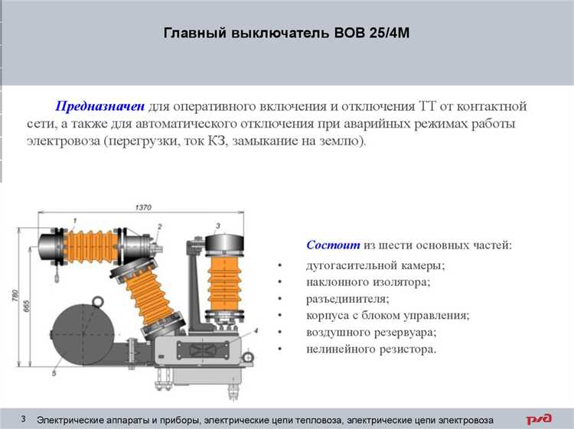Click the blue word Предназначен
[x=100, y=106]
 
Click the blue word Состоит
[x=333, y=245]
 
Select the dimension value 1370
[x=143, y=207]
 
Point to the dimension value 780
[x=15, y=295]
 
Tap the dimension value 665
[x=26, y=306]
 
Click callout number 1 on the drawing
[x=75, y=220]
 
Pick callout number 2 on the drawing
[x=159, y=227]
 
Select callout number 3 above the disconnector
[x=218, y=226]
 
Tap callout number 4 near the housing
[x=256, y=330]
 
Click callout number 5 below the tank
[x=54, y=373]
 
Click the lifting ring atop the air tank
[x=98, y=303]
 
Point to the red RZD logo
[x=539, y=419]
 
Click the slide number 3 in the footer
[x=24, y=419]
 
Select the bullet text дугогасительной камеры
[x=375, y=265]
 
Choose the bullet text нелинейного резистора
[x=371, y=349]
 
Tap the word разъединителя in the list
[x=347, y=299]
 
